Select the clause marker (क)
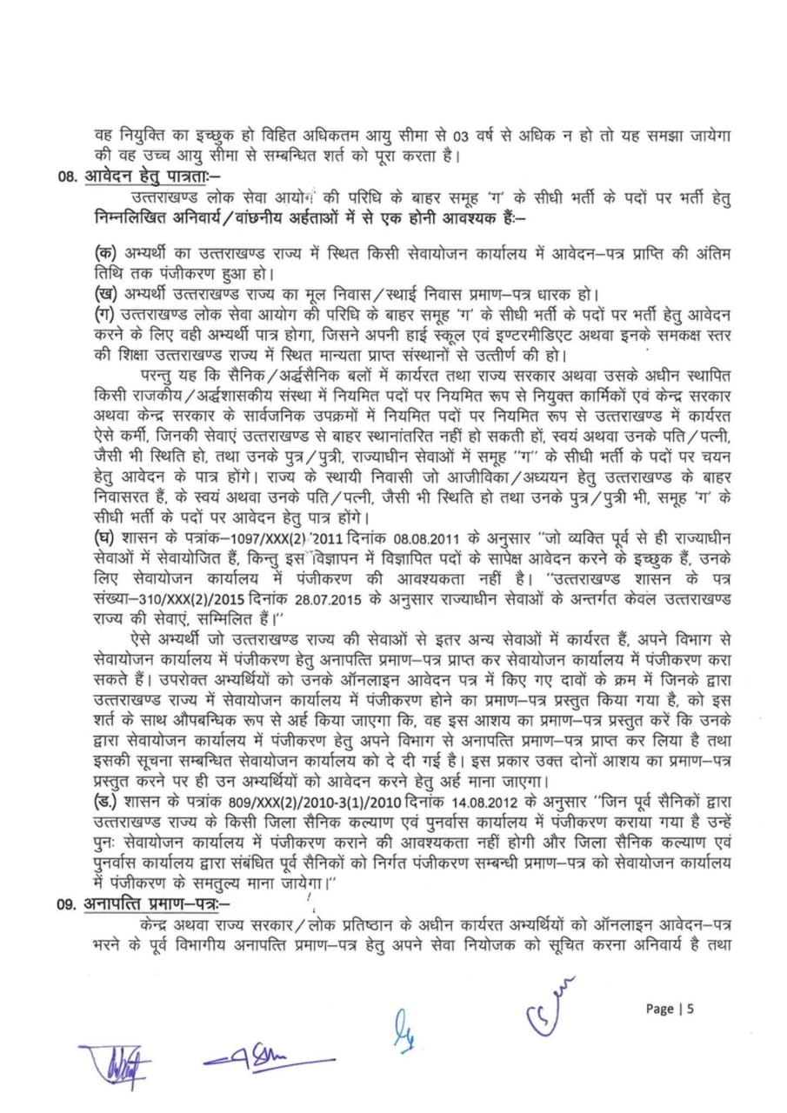[x=106, y=251]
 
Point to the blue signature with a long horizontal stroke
[x=259, y=1062]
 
